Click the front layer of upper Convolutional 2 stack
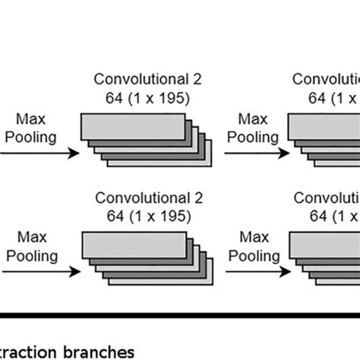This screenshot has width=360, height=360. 133,125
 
